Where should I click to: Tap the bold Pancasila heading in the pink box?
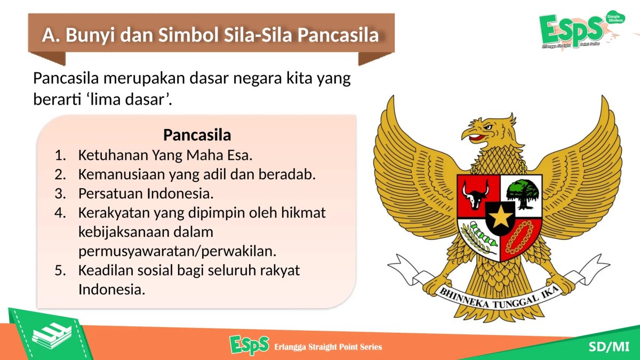(197, 134)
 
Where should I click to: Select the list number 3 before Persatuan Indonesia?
(59, 193)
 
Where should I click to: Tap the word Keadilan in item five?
(103, 270)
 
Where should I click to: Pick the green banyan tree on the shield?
(523, 192)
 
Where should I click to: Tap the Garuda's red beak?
(476, 138)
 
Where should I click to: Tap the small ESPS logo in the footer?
(250, 346)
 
